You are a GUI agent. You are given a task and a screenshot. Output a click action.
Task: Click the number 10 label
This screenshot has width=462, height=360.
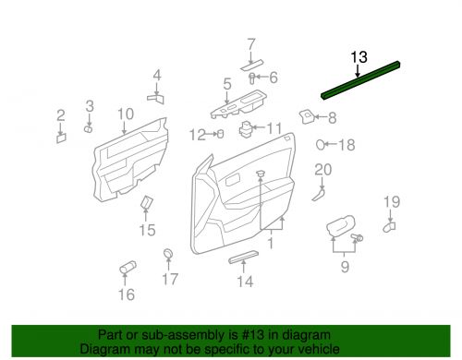pyautogui.click(x=126, y=114)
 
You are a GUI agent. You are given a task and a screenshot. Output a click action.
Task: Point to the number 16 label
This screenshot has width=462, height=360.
pyautogui.click(x=126, y=294)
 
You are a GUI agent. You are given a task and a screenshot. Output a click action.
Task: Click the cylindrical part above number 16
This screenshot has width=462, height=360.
pyautogui.click(x=126, y=269)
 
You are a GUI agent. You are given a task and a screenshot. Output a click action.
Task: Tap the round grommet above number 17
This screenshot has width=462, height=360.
pyautogui.click(x=168, y=254)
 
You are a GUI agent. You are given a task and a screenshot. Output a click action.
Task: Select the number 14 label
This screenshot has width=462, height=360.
pyautogui.click(x=243, y=282)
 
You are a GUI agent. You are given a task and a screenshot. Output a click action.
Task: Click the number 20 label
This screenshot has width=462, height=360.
pyautogui.click(x=322, y=169)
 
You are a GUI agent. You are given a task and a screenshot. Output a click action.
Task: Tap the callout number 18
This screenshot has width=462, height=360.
pyautogui.click(x=346, y=145)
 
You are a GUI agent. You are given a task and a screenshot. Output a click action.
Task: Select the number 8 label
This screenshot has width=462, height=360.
pyautogui.click(x=331, y=117)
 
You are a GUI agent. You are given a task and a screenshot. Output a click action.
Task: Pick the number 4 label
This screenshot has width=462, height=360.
pyautogui.click(x=156, y=75)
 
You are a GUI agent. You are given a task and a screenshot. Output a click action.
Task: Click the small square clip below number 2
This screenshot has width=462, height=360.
pyautogui.click(x=61, y=138)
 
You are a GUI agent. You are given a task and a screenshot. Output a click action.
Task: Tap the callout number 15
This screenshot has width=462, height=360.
pyautogui.click(x=148, y=230)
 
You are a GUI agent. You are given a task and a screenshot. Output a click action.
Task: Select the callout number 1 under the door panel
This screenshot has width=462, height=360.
pyautogui.click(x=270, y=243)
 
